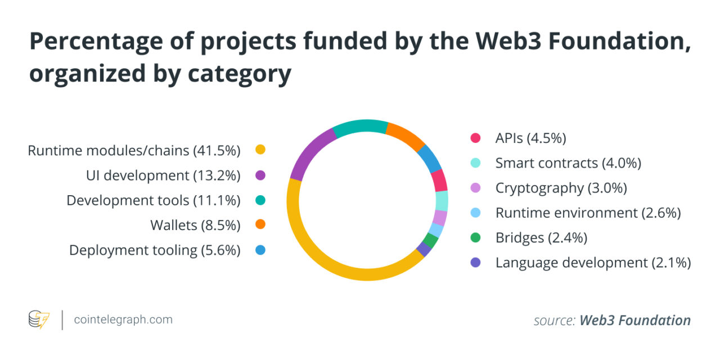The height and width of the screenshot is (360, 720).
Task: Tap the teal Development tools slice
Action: click(x=360, y=127)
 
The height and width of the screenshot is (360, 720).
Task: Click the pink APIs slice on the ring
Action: click(x=439, y=181)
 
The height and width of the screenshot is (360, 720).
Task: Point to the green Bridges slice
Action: click(x=431, y=241)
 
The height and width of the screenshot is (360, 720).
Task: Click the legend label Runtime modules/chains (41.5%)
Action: click(x=134, y=150)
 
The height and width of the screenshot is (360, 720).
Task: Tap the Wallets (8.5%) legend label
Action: click(x=195, y=225)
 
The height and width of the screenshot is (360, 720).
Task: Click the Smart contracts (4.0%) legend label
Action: click(x=568, y=163)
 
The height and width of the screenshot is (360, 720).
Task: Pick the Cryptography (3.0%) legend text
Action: click(x=561, y=188)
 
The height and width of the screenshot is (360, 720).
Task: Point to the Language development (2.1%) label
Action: click(x=593, y=262)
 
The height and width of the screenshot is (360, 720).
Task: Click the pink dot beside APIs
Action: click(x=475, y=138)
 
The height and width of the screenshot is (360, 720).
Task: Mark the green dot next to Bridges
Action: click(x=475, y=237)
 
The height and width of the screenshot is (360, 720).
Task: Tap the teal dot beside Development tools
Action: click(x=260, y=200)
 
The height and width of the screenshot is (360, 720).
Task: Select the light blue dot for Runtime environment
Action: click(x=475, y=213)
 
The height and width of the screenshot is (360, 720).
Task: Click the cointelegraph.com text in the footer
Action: click(x=123, y=320)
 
